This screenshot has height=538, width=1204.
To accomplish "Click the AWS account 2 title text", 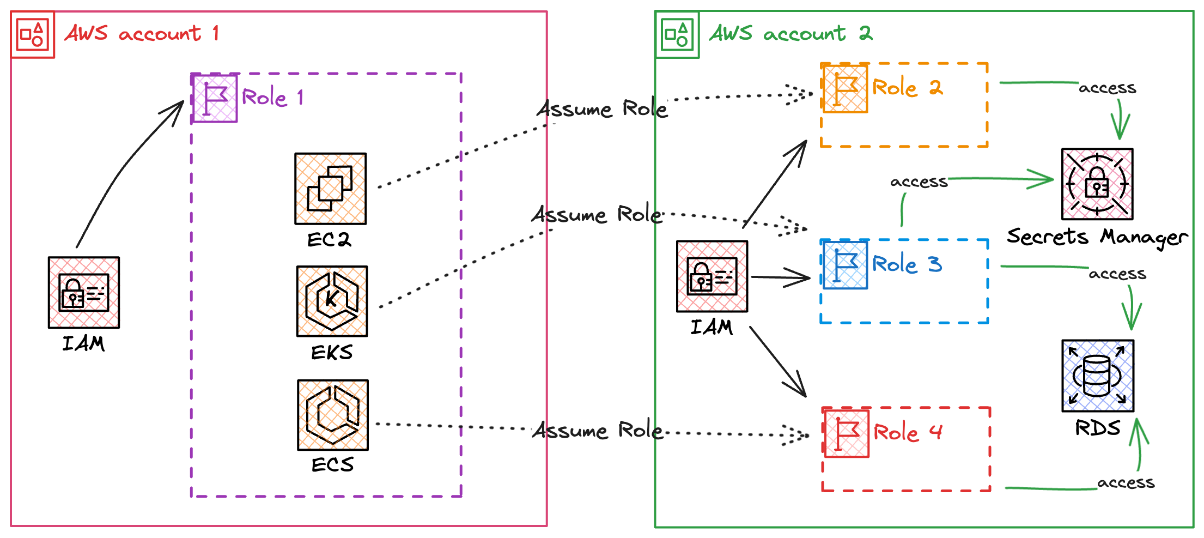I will coord(790,34).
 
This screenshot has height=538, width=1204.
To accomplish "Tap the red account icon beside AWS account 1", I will coord(33,34).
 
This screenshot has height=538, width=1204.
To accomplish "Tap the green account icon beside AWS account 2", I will coord(677,34).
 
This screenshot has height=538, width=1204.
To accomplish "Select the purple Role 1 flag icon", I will coord(215,98).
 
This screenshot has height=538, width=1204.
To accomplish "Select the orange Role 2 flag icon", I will coord(844,88).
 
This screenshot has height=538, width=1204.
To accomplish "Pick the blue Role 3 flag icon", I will coord(844,264).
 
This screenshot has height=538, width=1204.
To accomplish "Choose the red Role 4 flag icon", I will coord(846,433).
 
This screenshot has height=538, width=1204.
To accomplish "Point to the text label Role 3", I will coord(907,264).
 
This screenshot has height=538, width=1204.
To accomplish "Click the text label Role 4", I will coord(908,433).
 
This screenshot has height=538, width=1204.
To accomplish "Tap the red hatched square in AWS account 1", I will coord(84,293).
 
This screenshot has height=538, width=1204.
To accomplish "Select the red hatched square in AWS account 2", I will coord(712,276).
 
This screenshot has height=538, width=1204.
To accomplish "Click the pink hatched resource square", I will coord(1097,184).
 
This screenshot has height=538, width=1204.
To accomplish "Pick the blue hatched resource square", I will coord(1098,376).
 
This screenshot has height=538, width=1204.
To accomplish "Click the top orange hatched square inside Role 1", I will coord(331,189).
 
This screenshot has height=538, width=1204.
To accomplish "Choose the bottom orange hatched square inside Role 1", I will coord(333,415).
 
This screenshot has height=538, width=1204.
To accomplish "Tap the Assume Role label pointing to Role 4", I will coord(597,431).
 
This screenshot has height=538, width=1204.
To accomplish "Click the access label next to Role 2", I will coord(1107,88).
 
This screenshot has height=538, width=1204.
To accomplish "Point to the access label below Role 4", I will coord(1126,483).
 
